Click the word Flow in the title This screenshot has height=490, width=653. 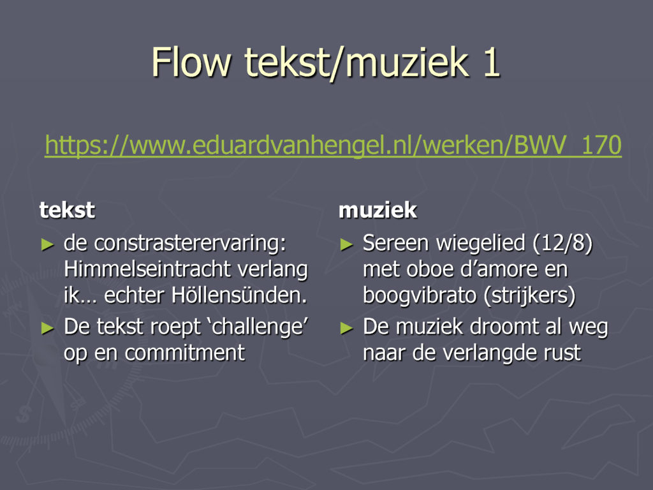click(x=191, y=62)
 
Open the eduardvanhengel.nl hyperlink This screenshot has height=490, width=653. click(x=333, y=145)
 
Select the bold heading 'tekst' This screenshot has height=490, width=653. click(x=67, y=210)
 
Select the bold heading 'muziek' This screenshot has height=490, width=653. click(x=378, y=210)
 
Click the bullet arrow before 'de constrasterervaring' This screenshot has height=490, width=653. click(x=48, y=244)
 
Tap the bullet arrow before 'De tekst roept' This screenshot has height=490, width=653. click(x=48, y=329)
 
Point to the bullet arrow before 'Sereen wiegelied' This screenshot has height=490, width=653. click(x=347, y=244)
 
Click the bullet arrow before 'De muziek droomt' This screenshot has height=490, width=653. click(x=347, y=329)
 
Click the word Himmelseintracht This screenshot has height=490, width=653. click(x=147, y=269)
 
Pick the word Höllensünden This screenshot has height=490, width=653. click(x=240, y=295)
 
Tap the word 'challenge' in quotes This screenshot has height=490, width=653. click(x=260, y=327)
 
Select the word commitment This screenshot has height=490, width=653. click(x=185, y=352)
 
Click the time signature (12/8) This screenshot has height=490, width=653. click(x=562, y=243)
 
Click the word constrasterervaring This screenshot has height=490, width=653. click(x=190, y=243)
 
